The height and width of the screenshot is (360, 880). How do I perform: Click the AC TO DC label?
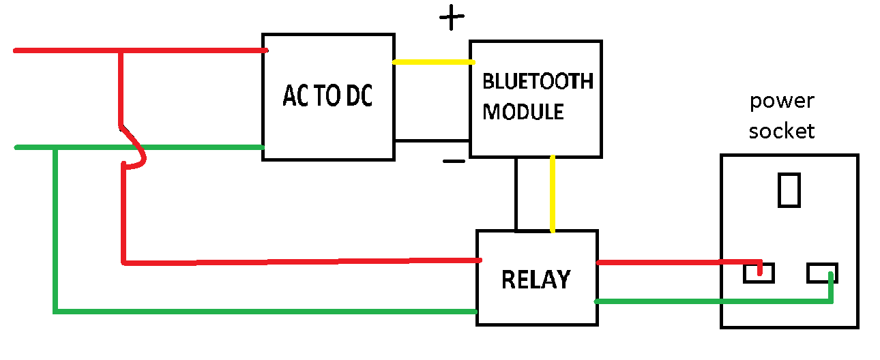click(328, 97)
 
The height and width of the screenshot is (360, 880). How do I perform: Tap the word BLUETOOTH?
click(538, 81)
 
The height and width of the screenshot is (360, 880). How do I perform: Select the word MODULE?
click(523, 111)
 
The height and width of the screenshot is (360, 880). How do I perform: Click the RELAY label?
click(536, 280)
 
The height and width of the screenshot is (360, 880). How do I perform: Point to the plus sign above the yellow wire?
click(450, 18)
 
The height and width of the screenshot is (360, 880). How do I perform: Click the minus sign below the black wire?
click(454, 162)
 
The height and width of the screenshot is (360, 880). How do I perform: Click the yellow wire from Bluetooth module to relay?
click(552, 194)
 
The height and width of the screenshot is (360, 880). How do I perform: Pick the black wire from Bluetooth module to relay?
click(516, 194)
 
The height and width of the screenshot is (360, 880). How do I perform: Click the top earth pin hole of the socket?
click(789, 190)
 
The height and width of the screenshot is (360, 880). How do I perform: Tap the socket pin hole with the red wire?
click(759, 273)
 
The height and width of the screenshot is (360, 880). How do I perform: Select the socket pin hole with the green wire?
click(823, 273)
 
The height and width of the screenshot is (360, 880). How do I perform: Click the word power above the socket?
click(782, 102)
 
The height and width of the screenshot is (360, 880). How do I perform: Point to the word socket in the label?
click(782, 130)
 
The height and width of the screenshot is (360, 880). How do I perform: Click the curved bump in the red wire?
click(139, 151)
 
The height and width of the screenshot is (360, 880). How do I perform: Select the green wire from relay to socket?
click(709, 300)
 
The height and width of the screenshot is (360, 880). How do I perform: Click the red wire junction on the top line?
click(121, 51)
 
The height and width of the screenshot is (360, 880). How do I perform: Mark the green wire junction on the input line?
click(55, 148)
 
